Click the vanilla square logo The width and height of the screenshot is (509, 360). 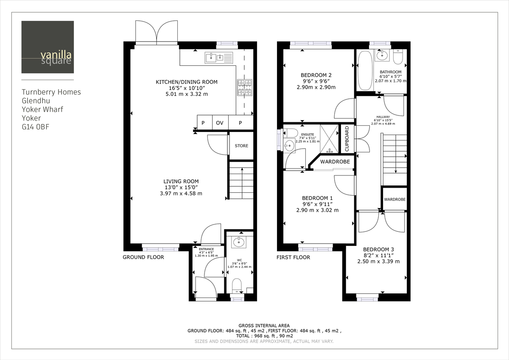click(x=48, y=47)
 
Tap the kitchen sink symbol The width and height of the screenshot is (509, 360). click(x=219, y=57)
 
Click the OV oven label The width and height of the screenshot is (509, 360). click(x=219, y=123)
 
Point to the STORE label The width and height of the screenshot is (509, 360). click(x=241, y=146)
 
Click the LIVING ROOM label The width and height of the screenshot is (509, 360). click(x=181, y=181)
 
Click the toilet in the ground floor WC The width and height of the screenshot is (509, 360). click(x=237, y=285)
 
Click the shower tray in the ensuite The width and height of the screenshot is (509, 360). click(x=330, y=138)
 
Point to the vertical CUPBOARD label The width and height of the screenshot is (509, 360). click(x=347, y=139)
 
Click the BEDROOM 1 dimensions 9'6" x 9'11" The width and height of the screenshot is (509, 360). click(x=317, y=204)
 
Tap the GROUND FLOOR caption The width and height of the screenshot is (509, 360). click(x=143, y=257)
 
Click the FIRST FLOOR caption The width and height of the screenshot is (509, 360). click(x=293, y=257)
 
